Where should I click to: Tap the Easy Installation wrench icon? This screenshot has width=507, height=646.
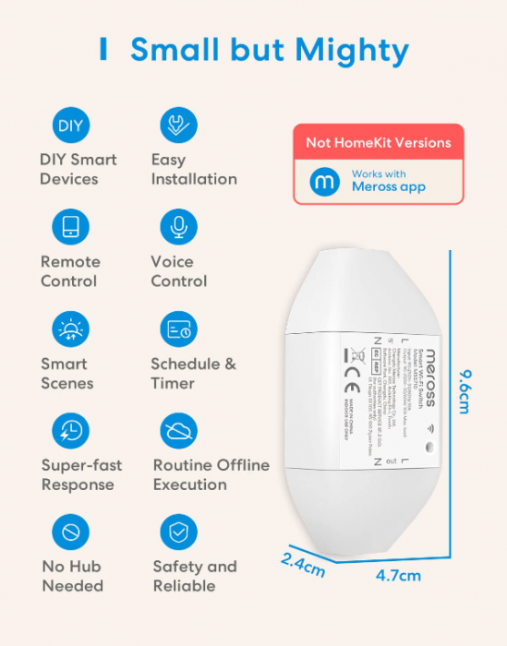(178, 126)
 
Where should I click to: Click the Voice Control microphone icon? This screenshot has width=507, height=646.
(178, 227)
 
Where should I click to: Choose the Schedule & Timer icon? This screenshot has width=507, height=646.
(178, 329)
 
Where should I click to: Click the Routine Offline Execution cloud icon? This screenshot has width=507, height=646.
(178, 431)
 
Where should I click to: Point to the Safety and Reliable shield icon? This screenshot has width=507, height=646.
(178, 532)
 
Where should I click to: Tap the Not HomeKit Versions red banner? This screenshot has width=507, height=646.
(379, 142)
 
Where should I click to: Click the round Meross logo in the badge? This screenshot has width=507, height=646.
(323, 181)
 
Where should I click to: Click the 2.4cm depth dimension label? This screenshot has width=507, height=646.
(302, 565)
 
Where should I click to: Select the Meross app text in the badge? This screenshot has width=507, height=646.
(388, 186)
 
